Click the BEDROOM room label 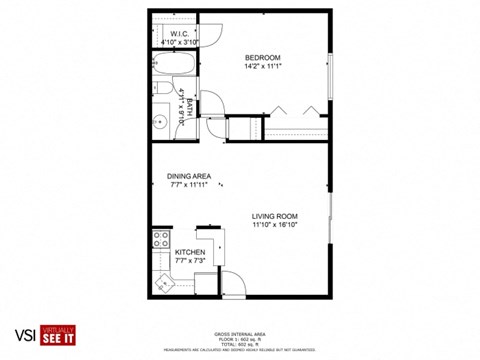click(x=264, y=57)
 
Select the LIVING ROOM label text click(x=276, y=216)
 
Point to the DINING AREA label click(x=189, y=176)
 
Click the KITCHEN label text click(x=190, y=253)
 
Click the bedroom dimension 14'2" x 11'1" click(x=264, y=66)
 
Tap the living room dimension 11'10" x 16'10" click(x=276, y=225)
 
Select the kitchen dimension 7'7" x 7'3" click(x=190, y=262)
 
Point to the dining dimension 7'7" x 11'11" click(x=189, y=185)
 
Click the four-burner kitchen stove click(x=159, y=239)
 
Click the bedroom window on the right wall click(x=330, y=76)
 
